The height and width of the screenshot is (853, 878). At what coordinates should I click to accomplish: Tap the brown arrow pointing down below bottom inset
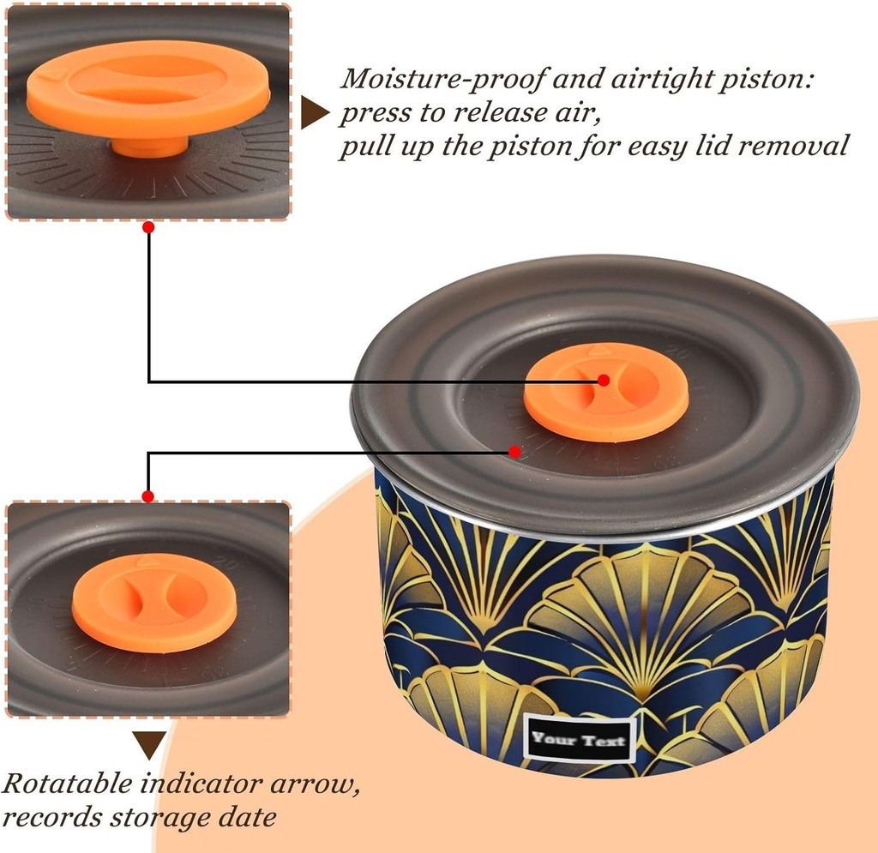point(148,743)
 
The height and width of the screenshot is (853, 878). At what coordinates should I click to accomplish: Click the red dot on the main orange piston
point(604,380)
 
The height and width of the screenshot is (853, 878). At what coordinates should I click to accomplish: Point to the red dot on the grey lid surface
point(514,451)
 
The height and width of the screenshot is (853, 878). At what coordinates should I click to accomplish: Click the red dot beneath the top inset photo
point(148,227)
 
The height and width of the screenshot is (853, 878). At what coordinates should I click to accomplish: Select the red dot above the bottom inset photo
point(148,496)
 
